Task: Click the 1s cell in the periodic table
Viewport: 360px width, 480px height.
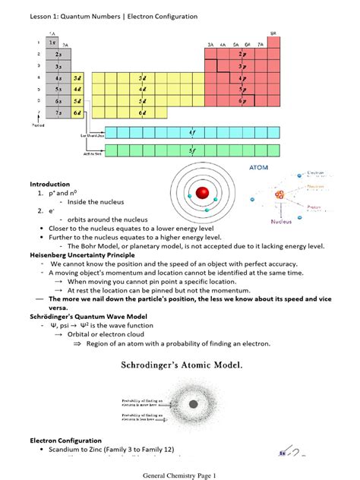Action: pos(52,43)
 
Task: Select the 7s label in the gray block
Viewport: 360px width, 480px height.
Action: pos(58,112)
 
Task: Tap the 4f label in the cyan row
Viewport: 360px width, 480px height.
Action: pos(192,131)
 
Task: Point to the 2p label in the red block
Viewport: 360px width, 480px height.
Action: pos(242,55)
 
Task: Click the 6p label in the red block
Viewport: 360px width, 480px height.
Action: pos(242,100)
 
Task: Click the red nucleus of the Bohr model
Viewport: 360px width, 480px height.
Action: pos(202,193)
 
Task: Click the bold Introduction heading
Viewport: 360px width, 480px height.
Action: pos(50,185)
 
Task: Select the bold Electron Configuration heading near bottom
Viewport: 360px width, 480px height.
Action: pos(65,441)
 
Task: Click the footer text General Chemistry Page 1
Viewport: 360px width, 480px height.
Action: pos(179,475)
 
